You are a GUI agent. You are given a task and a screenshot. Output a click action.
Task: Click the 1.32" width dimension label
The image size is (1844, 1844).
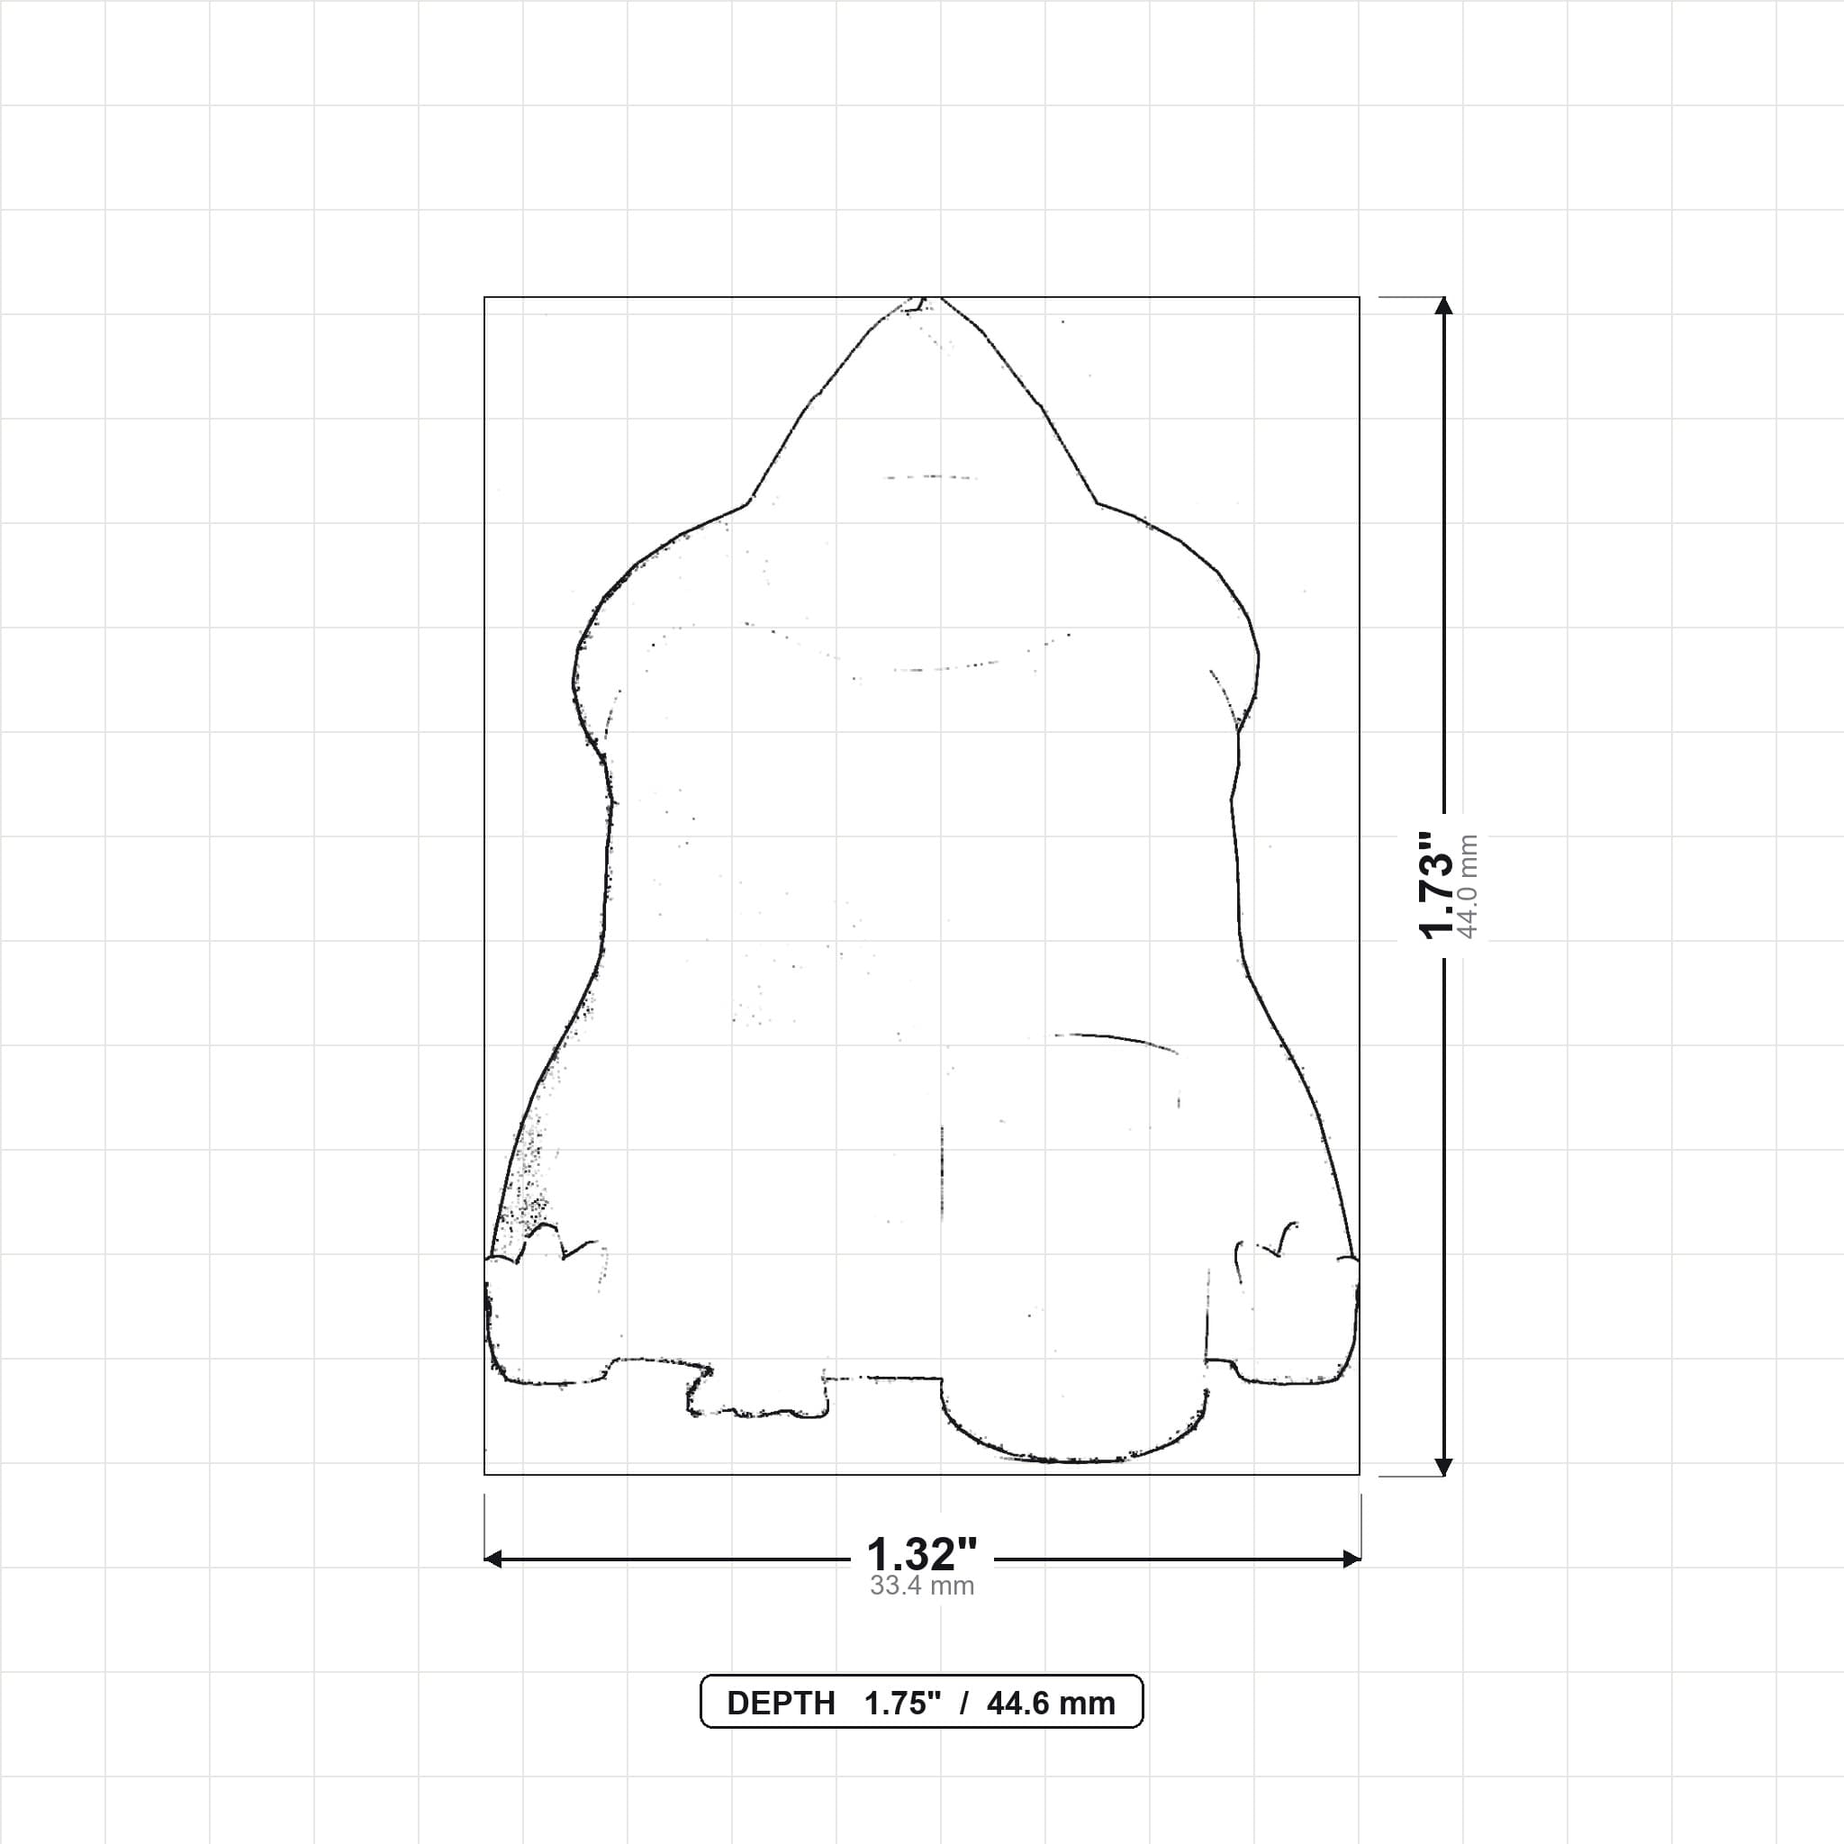point(921,1555)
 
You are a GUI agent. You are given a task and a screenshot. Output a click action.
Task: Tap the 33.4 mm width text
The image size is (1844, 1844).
point(921,1586)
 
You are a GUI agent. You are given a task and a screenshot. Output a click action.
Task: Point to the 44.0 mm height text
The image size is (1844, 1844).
point(1468,887)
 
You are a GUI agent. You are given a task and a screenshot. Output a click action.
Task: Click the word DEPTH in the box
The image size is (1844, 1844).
point(781,1704)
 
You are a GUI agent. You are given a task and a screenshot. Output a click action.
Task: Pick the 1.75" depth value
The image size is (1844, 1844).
point(902,1704)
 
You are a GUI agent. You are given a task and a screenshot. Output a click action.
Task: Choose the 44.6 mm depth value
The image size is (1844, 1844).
point(1051,1704)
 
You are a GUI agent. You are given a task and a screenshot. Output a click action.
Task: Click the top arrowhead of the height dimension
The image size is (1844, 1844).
point(1444,305)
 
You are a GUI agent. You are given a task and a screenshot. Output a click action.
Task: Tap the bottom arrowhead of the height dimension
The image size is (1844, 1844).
point(1444,1467)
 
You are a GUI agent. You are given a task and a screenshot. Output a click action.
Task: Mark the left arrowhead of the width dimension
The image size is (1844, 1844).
point(493,1559)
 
